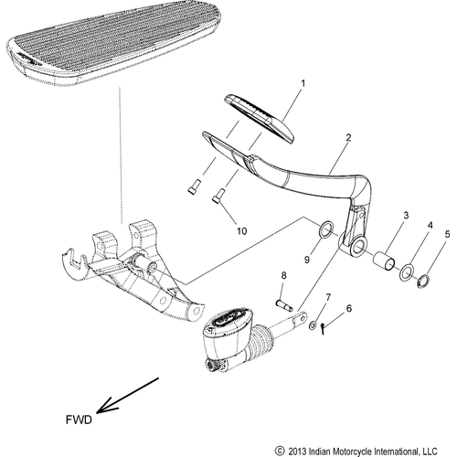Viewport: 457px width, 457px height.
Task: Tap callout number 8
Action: [283, 275]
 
